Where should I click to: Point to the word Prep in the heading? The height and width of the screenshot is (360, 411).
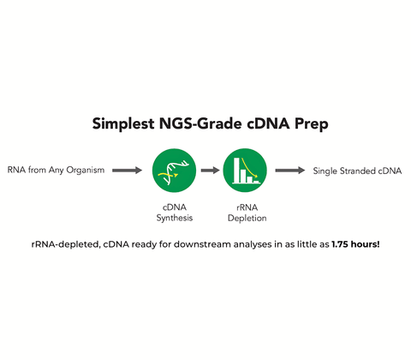coord(306,123)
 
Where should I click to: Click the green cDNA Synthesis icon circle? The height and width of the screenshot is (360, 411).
coord(172,170)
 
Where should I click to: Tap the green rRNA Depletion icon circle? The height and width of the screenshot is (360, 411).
coord(245,170)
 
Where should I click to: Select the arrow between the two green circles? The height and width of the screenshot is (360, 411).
coord(209,171)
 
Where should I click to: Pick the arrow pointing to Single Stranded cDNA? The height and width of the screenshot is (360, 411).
coord(289,171)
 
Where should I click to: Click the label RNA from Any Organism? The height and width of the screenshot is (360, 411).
coord(56,171)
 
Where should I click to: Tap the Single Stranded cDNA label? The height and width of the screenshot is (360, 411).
coord(358,171)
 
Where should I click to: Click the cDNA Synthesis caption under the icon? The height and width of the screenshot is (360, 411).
coord(172,212)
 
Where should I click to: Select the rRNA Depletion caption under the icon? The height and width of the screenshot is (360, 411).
coord(245,212)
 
